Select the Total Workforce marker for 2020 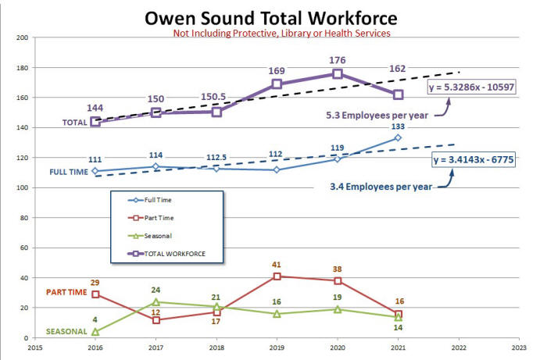(338, 73)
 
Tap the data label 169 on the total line (277, 70)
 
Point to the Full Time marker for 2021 (398, 137)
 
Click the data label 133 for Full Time (398, 127)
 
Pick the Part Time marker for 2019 (277, 276)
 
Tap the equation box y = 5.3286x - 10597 (473, 87)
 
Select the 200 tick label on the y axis (22, 37)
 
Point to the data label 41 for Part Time (277, 265)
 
